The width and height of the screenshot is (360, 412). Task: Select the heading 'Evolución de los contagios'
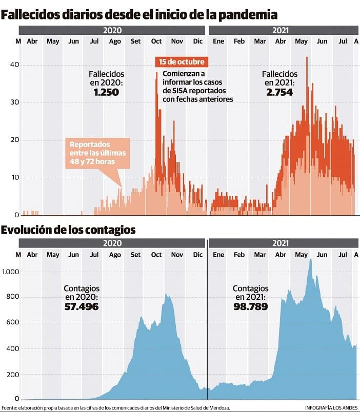tap(68, 230)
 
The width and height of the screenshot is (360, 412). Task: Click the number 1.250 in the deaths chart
tap(106, 92)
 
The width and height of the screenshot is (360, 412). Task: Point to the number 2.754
tap(279, 92)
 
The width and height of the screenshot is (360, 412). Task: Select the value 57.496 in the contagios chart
tap(81, 306)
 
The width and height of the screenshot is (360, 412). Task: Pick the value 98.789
tap(250, 306)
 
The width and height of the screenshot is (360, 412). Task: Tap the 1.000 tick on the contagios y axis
tap(10, 272)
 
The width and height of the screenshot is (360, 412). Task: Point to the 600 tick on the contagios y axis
tap(13, 323)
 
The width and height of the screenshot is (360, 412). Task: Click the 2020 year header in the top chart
tap(112, 31)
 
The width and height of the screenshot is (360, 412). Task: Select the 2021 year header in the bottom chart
tap(281, 243)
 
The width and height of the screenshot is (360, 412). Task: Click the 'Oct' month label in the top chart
tap(156, 41)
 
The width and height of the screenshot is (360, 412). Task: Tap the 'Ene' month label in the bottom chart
tap(218, 255)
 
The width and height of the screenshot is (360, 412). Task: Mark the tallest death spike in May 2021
tap(307, 58)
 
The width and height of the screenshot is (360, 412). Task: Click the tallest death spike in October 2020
tap(157, 73)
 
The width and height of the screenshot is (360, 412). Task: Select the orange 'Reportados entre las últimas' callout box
tap(97, 153)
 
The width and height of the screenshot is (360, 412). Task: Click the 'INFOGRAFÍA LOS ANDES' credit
tap(331, 408)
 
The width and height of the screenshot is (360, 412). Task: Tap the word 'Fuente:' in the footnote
tap(9, 408)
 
